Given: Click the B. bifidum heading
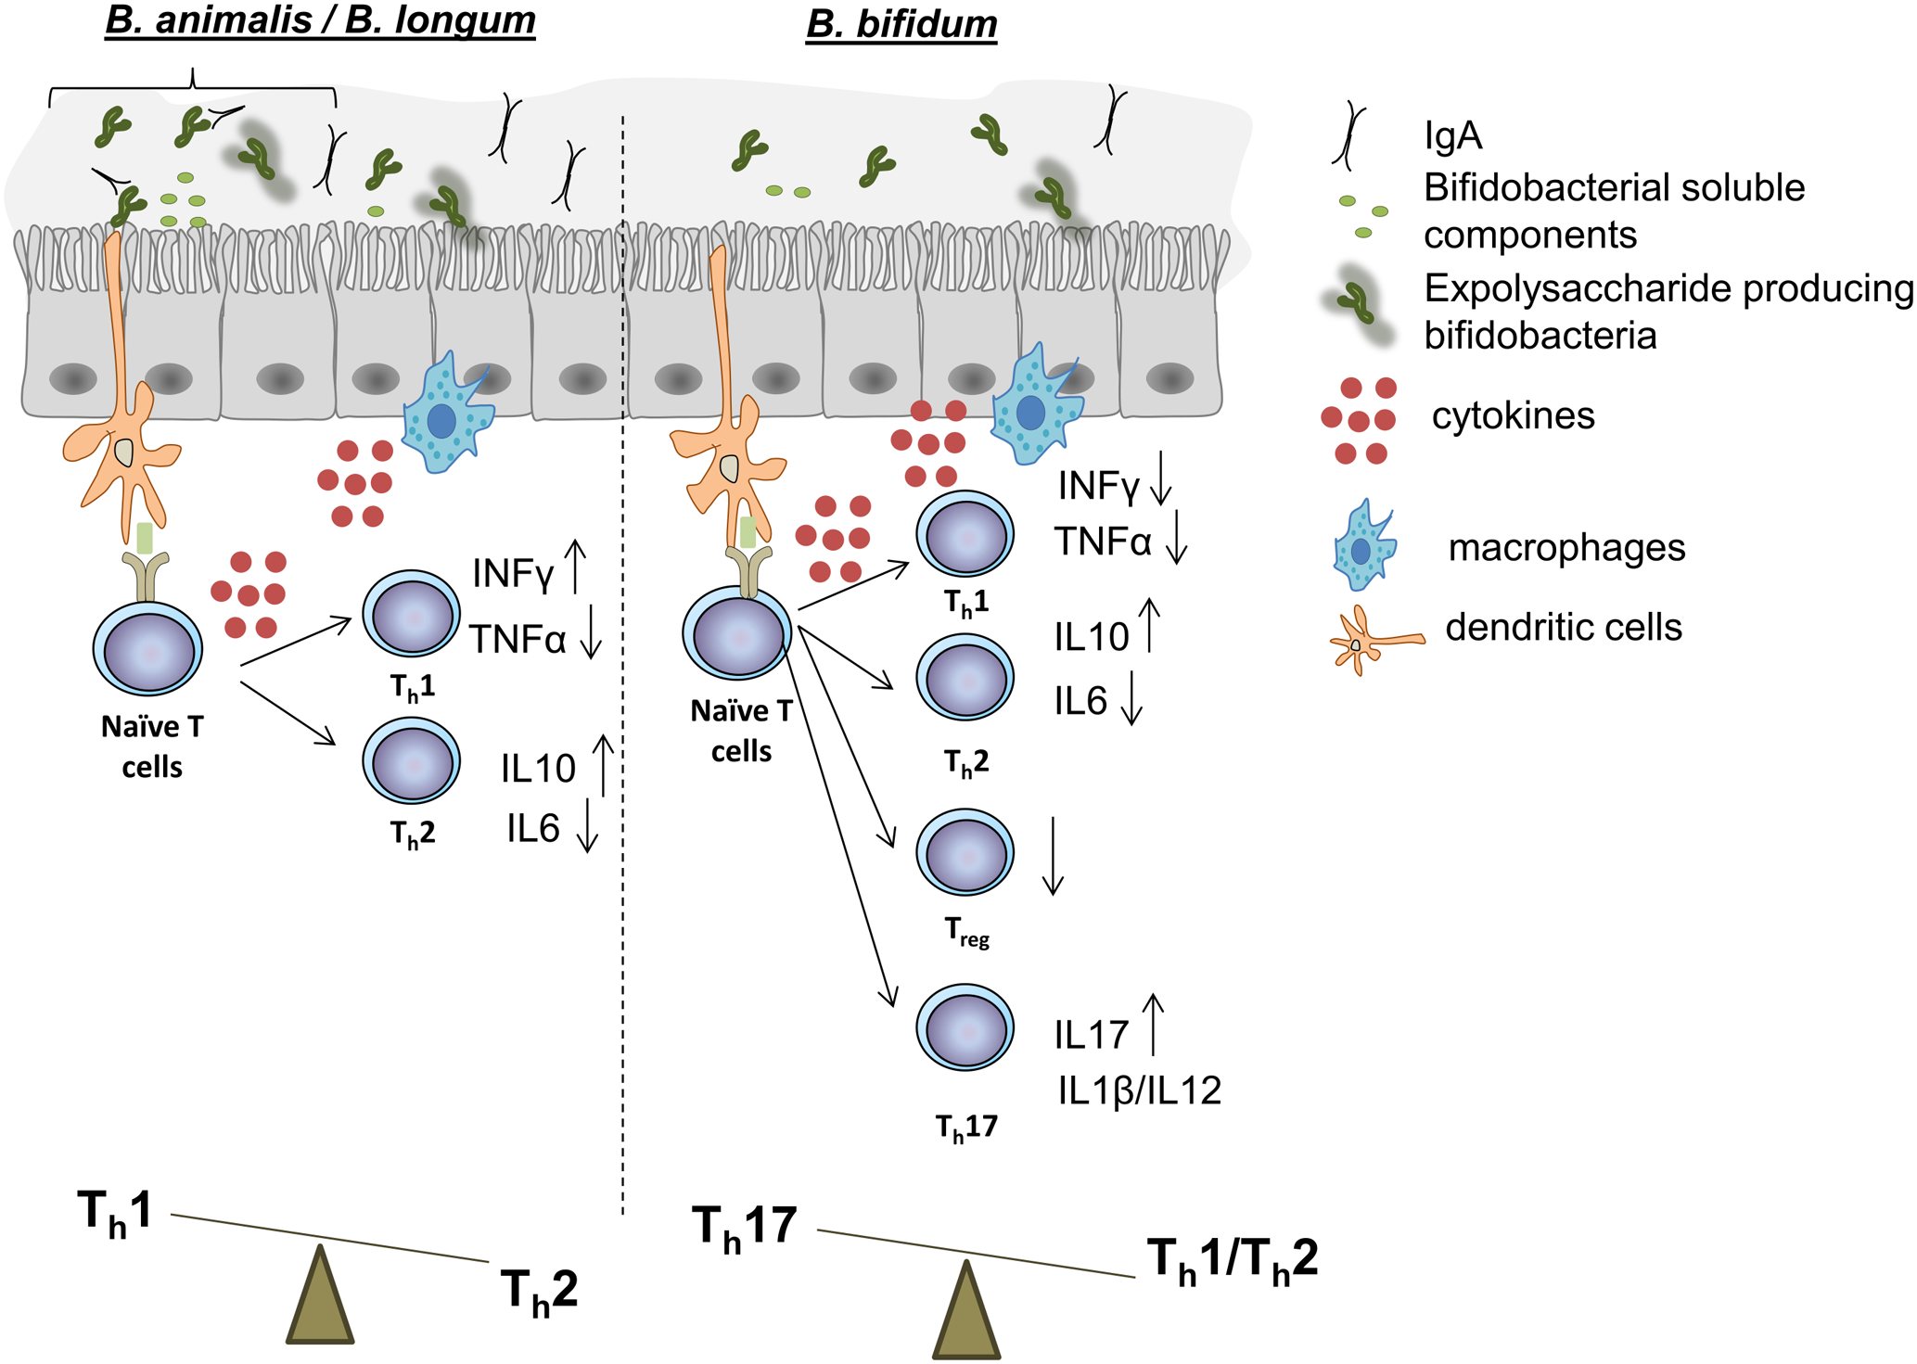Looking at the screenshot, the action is pos(901,23).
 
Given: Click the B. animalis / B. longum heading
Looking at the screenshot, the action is pos(320,19).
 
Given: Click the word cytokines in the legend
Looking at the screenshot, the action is pos(1513,415).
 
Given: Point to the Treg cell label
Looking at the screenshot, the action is pos(966,931).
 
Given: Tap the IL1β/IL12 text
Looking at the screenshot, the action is pos(1139,1090).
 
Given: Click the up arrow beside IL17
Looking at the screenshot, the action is pos(1152,1024).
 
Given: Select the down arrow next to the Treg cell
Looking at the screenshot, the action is pos(1052,856).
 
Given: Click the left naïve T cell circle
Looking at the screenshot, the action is pos(148,648).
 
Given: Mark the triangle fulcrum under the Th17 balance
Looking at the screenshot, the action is pos(965,1312).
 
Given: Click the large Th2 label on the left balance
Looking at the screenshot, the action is pos(539,1290).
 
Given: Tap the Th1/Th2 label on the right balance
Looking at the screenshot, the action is pos(1232,1260).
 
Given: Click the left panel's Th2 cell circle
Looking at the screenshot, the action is pos(411,761).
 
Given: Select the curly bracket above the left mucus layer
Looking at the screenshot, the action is pos(192,86).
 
